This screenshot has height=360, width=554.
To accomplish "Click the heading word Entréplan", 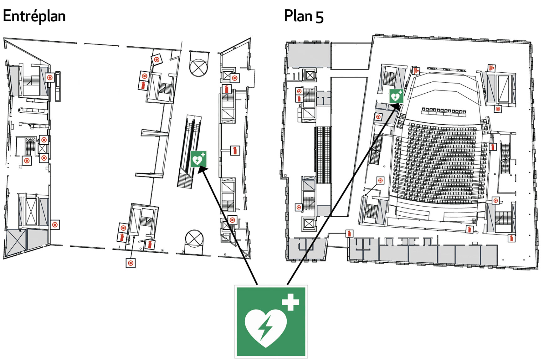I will [x=34, y=16].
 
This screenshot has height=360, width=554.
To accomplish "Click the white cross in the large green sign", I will [x=290, y=302].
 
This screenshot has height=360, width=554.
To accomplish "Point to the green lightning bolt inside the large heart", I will [x=265, y=327].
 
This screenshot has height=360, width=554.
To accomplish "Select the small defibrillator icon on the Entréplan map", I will [x=198, y=159].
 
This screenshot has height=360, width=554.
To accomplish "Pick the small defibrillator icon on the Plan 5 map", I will [x=396, y=96].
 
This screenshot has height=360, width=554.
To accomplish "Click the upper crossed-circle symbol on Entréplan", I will [x=199, y=67].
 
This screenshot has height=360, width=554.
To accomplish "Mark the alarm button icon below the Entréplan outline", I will [x=131, y=263].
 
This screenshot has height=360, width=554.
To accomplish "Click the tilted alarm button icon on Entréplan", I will [x=156, y=59].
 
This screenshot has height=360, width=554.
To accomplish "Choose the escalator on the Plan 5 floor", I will [x=323, y=155].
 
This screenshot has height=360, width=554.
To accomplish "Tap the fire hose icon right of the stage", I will [x=491, y=68].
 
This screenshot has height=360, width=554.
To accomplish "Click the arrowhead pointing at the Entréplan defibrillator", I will [x=202, y=169].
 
